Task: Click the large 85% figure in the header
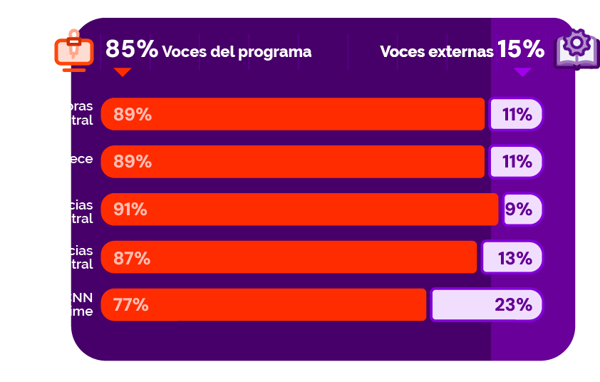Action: pyautogui.click(x=132, y=49)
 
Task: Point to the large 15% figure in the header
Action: pyautogui.click(x=521, y=49)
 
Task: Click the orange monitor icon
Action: pyautogui.click(x=73, y=50)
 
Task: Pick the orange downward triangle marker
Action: pyautogui.click(x=123, y=72)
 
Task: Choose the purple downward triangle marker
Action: pyautogui.click(x=523, y=72)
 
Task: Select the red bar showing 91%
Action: pyautogui.click(x=299, y=210)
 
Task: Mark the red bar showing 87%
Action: pyautogui.click(x=289, y=257)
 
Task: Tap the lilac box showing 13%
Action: pyautogui.click(x=512, y=257)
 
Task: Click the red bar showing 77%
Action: pyautogui.click(x=264, y=305)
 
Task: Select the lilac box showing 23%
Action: pyautogui.click(x=487, y=305)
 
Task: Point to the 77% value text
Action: pyautogui.click(x=131, y=305)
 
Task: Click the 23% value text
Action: pyautogui.click(x=514, y=305)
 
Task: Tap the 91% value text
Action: pyautogui.click(x=130, y=210)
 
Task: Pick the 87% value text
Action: pyautogui.click(x=132, y=258)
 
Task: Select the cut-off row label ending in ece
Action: pyautogui.click(x=81, y=158)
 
